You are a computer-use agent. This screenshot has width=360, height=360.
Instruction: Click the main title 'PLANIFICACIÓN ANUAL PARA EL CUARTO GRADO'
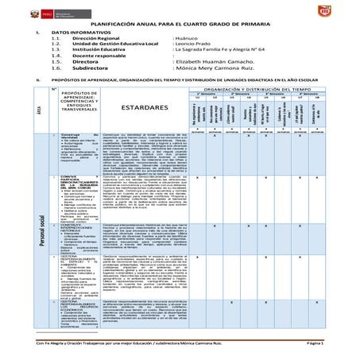[x=180, y=24]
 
